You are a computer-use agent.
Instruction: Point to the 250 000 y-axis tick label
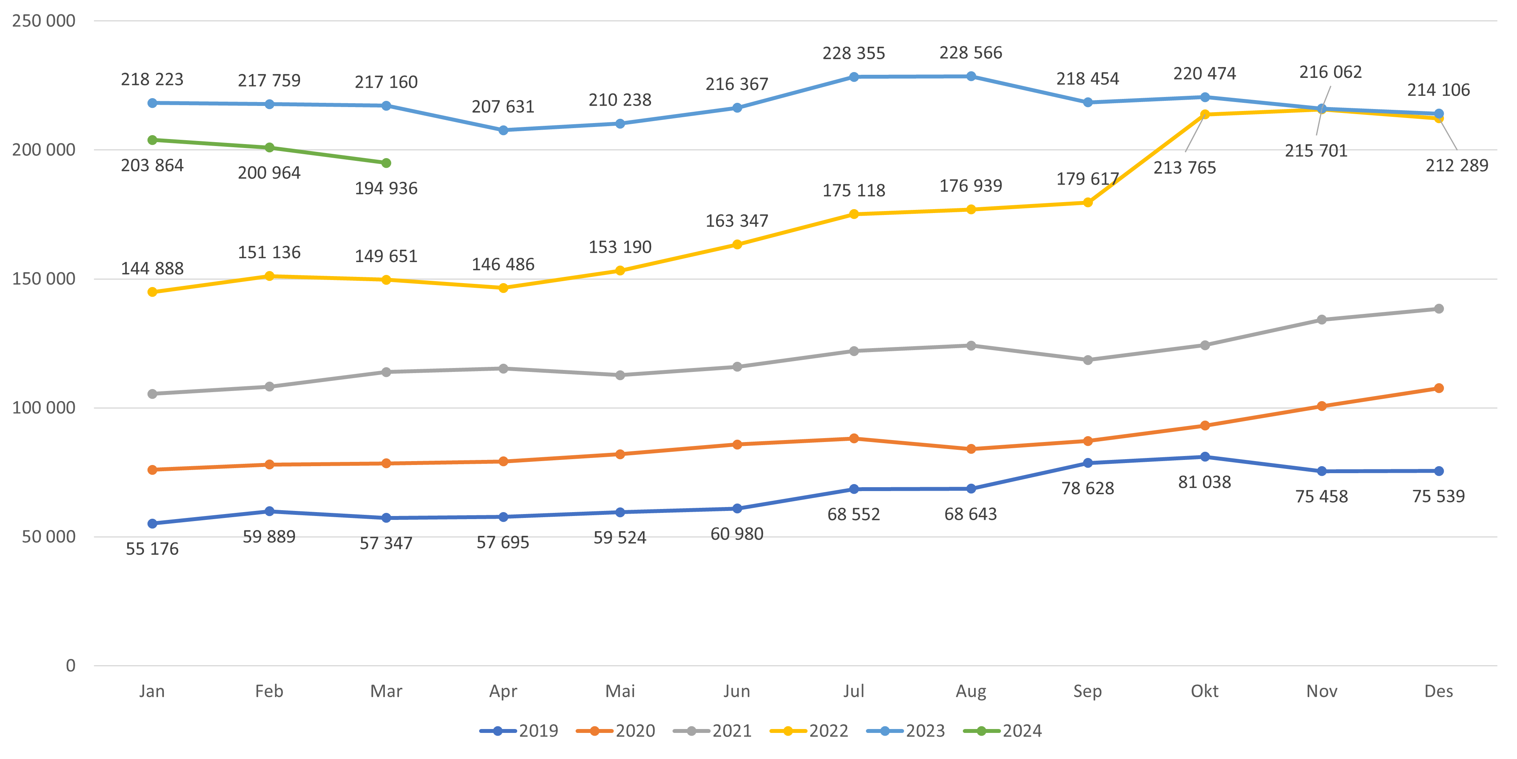[x=44, y=21]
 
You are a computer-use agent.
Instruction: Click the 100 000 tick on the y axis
[x=44, y=408]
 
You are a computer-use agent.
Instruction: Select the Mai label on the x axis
[x=620, y=691]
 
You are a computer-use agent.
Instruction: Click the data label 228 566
[x=971, y=53]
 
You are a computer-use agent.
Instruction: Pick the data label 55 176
[x=152, y=549]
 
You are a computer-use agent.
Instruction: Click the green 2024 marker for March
[x=386, y=163]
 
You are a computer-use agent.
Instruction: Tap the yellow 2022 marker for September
[x=1088, y=203]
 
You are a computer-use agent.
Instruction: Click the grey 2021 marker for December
[x=1439, y=309]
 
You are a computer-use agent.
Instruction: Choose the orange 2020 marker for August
[x=971, y=449]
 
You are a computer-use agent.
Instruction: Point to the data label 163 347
[x=737, y=221]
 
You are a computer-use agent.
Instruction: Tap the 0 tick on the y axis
[x=71, y=666]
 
